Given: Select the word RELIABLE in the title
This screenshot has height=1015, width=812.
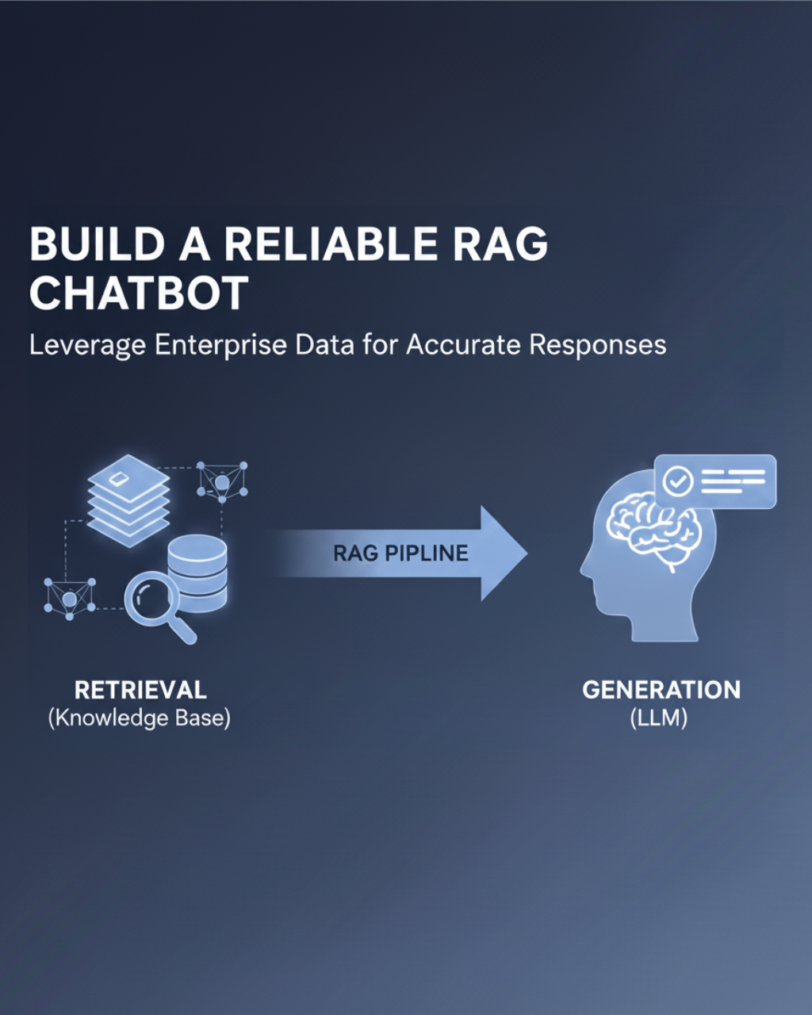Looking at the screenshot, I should click(331, 245).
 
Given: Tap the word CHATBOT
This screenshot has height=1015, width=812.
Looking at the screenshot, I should click(139, 293).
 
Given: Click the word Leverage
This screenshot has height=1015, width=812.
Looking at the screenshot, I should click(87, 346).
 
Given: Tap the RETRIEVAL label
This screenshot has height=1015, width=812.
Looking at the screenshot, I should click(140, 690).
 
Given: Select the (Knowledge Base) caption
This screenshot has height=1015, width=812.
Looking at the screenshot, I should click(140, 718).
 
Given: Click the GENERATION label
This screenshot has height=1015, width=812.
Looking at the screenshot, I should click(661, 690).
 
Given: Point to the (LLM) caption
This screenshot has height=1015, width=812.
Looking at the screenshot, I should click(659, 718).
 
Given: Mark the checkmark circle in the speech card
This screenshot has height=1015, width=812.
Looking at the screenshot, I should click(678, 481).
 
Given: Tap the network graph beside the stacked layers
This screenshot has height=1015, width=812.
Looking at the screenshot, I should click(222, 481).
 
